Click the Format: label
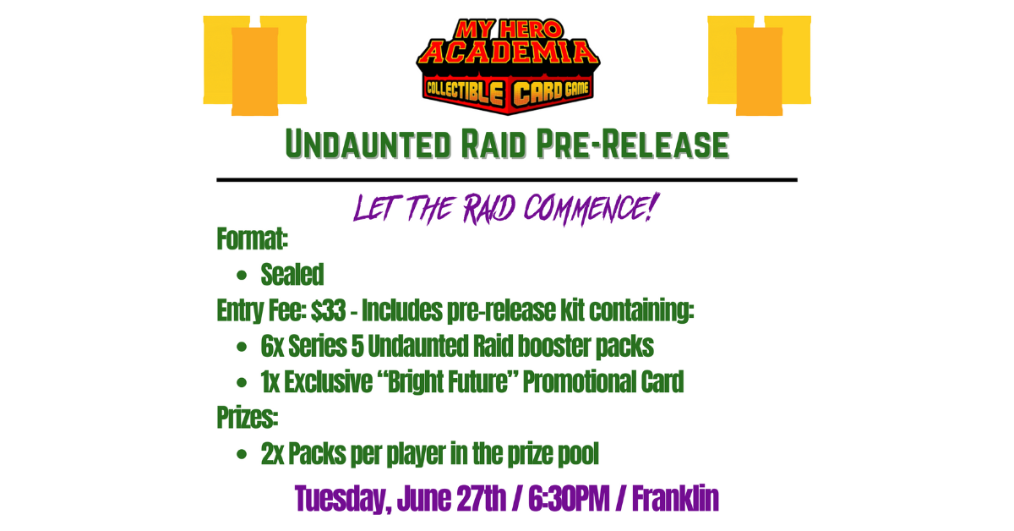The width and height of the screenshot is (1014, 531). (253, 239)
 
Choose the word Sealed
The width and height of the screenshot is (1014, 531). (292, 275)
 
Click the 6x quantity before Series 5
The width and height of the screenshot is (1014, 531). (272, 347)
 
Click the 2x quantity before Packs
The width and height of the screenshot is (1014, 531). (272, 455)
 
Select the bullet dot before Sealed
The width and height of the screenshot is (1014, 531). (243, 276)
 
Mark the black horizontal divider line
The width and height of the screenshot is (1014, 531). (507, 180)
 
